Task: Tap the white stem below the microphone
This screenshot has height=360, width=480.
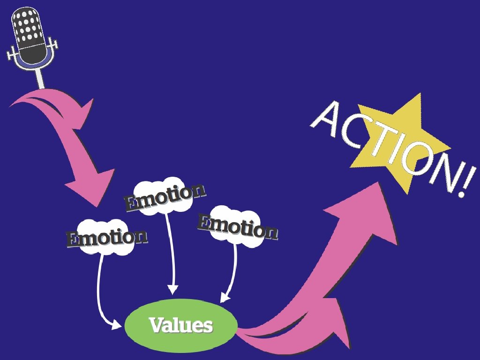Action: [x=40, y=78]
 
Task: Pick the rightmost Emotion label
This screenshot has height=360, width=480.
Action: [x=237, y=226]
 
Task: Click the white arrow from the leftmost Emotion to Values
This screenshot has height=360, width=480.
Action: [x=99, y=291]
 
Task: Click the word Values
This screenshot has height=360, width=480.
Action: [x=180, y=325]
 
